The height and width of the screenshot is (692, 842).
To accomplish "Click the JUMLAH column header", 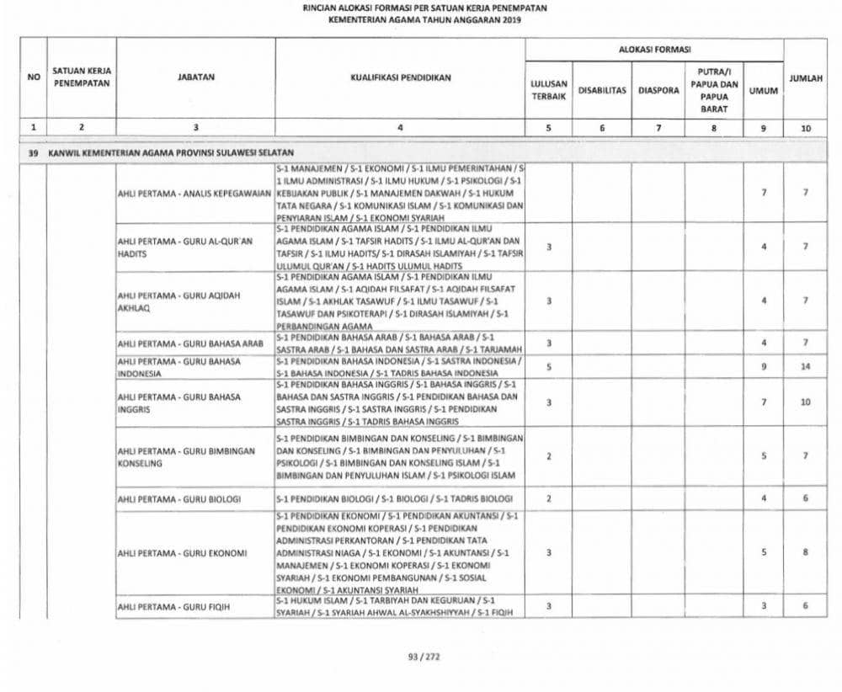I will pyautogui.click(x=805, y=77).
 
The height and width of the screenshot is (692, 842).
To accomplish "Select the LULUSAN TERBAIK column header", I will pyautogui.click(x=549, y=90).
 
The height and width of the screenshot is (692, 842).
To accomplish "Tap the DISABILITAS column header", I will pyautogui.click(x=603, y=90).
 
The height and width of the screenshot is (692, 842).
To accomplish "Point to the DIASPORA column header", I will pyautogui.click(x=658, y=90).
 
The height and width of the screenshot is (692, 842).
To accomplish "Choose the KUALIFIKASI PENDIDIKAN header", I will pyautogui.click(x=400, y=77).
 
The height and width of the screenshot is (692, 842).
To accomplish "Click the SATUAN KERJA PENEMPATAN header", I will pyautogui.click(x=82, y=77).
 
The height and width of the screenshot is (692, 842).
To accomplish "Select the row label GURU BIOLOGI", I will pyautogui.click(x=179, y=499).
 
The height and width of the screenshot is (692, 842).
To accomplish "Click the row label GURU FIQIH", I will pyautogui.click(x=175, y=606).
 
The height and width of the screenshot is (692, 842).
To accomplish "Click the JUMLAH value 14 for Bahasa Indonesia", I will pyautogui.click(x=805, y=367).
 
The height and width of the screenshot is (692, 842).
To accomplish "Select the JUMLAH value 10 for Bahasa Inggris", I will pyautogui.click(x=805, y=402).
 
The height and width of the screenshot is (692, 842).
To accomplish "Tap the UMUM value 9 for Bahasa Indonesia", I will pyautogui.click(x=764, y=367).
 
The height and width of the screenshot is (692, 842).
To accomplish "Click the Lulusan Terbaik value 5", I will pyautogui.click(x=548, y=367).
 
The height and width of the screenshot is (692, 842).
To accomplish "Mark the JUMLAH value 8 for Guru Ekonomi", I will pyautogui.click(x=805, y=553).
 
